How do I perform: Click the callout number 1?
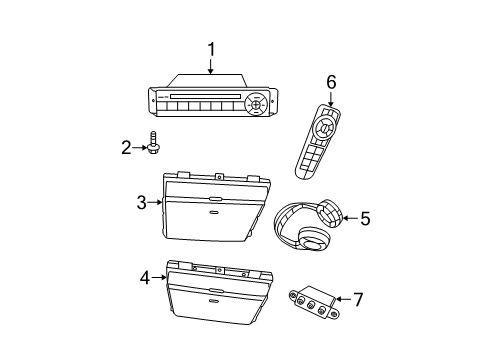[x=211, y=47]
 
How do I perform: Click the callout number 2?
[x=127, y=149]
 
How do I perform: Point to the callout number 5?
[x=365, y=217]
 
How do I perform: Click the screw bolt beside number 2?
[x=154, y=146]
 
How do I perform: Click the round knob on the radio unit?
[x=256, y=104]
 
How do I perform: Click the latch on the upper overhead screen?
[x=216, y=210]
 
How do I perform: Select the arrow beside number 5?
[x=348, y=217]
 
